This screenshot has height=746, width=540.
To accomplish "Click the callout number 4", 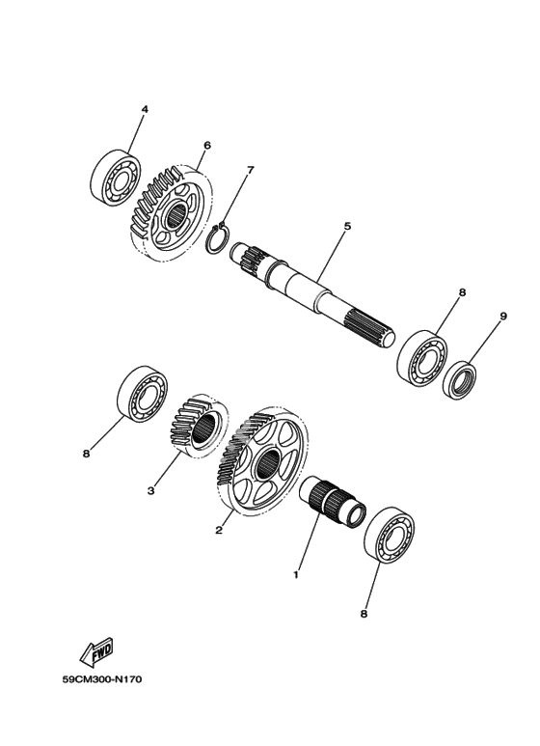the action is (x=145, y=109).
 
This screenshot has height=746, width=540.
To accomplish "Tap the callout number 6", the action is (x=206, y=145).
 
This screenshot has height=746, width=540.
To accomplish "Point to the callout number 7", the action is (x=251, y=170).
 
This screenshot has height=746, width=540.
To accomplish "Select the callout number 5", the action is (x=347, y=226).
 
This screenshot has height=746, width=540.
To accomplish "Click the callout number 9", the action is (x=503, y=316).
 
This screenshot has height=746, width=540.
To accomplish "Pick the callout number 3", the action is (x=150, y=490).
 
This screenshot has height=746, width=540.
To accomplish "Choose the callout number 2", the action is (x=219, y=530).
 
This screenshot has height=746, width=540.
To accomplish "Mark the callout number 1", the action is (x=296, y=575).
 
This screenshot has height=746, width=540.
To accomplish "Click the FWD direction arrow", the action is (x=97, y=650).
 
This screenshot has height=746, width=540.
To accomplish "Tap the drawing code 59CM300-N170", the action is (x=102, y=679).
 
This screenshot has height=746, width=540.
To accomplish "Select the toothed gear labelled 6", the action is (x=170, y=214).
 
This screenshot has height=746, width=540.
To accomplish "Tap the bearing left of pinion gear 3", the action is (x=143, y=391).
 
